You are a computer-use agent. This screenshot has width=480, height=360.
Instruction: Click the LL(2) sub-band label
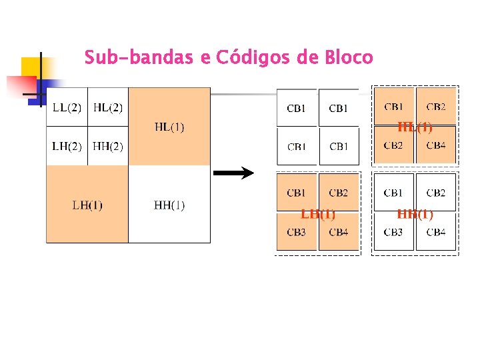[x=67, y=107]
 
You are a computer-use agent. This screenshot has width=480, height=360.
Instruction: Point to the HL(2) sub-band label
[x=108, y=107]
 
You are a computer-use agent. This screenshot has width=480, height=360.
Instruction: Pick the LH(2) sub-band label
[x=67, y=146]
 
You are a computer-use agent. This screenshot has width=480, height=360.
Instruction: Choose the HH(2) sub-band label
[x=108, y=146]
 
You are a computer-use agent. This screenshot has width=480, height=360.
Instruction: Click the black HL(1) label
[x=169, y=127]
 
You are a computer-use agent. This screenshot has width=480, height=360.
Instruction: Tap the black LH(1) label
[x=87, y=205]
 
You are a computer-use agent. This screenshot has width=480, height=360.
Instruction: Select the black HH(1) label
[x=169, y=205]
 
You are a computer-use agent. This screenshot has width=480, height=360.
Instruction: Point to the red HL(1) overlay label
[x=415, y=127]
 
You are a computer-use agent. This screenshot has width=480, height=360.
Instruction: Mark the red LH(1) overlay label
[x=318, y=214]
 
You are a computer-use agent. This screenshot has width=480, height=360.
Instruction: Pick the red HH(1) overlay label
[x=415, y=214]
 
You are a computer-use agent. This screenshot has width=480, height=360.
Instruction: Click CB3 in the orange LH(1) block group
[x=297, y=232]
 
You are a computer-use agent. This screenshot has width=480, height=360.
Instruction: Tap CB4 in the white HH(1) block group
[x=436, y=232]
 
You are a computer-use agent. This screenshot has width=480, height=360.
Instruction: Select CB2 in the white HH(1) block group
[x=436, y=193]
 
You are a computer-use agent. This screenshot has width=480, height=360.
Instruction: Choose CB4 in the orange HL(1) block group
[x=436, y=145]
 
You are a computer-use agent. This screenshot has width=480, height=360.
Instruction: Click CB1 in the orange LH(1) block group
[x=297, y=193]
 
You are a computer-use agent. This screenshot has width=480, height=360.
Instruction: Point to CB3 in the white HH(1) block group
[x=393, y=232]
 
